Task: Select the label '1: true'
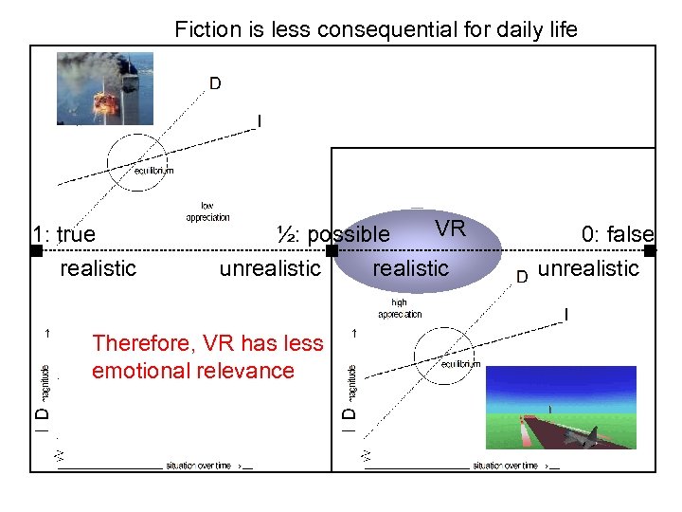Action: pos(63,234)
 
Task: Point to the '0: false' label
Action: pos(618,234)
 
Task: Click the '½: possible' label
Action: pos(332,233)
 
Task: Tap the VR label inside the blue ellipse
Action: pos(450,229)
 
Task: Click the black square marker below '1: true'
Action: pos(36,251)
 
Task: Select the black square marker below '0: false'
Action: pos(650,251)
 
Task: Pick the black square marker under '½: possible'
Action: pos(332,251)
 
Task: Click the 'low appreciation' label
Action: pos(207,211)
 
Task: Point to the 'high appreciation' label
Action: pos(400,308)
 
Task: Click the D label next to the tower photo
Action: pos(215,83)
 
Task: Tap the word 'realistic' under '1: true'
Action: pos(98,268)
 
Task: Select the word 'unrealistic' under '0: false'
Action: pos(588,268)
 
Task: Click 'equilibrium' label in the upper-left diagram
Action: pos(153,171)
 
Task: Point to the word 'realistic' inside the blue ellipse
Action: pos(410,268)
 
